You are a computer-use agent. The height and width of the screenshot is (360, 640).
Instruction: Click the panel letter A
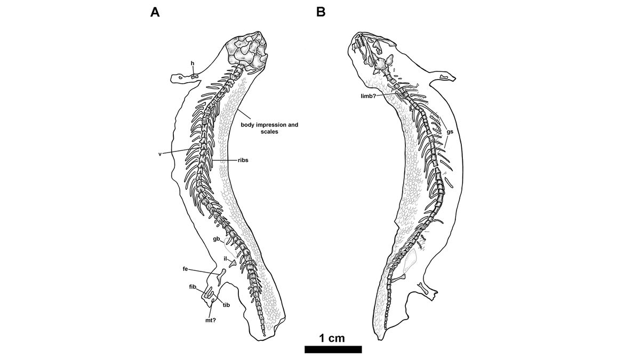pyautogui.click(x=155, y=12)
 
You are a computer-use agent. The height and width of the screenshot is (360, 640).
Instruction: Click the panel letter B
pyautogui.click(x=321, y=12)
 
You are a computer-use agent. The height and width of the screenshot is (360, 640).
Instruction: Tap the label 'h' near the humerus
pyautogui.click(x=193, y=64)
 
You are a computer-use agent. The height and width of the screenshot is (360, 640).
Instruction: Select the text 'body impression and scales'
pyautogui.click(x=269, y=129)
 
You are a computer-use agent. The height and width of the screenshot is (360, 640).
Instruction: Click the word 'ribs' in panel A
pyautogui.click(x=243, y=160)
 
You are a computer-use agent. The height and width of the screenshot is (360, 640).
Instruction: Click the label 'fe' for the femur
pyautogui.click(x=185, y=269)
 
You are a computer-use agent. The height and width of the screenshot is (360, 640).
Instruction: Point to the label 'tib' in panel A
pyautogui.click(x=226, y=305)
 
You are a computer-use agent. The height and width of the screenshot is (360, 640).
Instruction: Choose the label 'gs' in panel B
pyautogui.click(x=450, y=131)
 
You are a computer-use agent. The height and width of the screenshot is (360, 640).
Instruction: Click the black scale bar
pyautogui.click(x=333, y=349)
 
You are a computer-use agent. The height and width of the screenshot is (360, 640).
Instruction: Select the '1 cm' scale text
pyautogui.click(x=332, y=338)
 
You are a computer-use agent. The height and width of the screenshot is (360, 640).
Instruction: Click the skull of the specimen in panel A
pyautogui.click(x=245, y=53)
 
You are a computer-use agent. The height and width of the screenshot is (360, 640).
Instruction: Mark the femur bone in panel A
pyautogui.click(x=221, y=275)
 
